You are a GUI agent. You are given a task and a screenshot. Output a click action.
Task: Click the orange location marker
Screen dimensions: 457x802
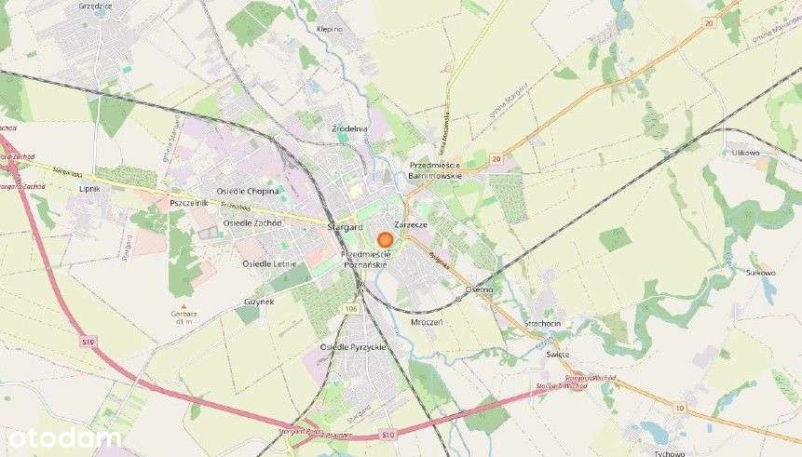pyautogui.click(x=385, y=239)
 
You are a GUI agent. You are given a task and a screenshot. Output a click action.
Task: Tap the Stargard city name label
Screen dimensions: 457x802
pyautogui.click(x=345, y=227)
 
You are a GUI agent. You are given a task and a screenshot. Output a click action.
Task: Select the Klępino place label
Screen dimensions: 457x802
pyautogui.click(x=330, y=29)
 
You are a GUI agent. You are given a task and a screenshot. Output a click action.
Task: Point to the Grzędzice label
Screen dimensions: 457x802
pyautogui.click(x=95, y=6)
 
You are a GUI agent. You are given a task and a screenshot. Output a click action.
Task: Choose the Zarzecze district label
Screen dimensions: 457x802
pyautogui.click(x=411, y=225)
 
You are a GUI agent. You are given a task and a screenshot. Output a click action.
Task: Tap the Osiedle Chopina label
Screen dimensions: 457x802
pyautogui.click(x=248, y=191)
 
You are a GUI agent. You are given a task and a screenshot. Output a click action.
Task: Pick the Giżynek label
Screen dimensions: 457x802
pyautogui.click(x=259, y=302)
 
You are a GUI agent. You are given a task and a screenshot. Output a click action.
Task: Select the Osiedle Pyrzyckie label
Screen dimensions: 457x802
pyautogui.click(x=352, y=346)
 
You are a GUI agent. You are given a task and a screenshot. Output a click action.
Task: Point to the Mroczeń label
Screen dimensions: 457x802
pyautogui.click(x=426, y=321)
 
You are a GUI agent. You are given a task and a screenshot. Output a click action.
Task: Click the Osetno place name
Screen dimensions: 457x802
pyautogui.click(x=478, y=289)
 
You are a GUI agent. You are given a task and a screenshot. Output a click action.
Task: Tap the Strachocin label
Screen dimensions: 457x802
pyautogui.click(x=542, y=323)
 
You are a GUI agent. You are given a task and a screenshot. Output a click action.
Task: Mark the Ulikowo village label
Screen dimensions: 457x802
pyautogui.click(x=746, y=152)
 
